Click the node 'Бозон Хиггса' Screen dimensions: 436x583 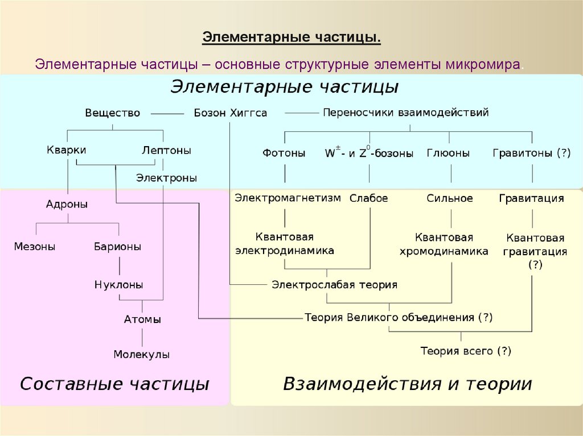point(230,113)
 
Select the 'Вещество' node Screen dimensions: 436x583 point(112,113)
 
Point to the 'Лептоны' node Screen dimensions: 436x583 point(166,151)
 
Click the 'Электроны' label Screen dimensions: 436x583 point(166,178)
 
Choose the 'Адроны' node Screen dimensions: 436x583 point(67,204)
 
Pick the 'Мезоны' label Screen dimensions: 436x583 point(35,247)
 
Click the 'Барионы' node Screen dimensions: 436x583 point(118,247)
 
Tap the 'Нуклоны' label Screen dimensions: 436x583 point(118,285)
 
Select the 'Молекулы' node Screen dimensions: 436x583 point(141,354)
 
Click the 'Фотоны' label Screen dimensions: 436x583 point(284,153)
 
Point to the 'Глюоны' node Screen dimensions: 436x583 point(448,153)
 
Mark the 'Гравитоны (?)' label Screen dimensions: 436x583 point(531,153)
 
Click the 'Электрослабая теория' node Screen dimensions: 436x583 point(334,285)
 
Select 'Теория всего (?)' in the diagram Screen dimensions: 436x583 point(466,351)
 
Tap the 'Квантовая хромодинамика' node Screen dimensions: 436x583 point(451,244)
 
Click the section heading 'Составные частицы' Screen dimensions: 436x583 point(114,384)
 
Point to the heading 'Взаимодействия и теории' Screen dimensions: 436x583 point(407,384)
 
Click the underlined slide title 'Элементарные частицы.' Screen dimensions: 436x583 point(291,38)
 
